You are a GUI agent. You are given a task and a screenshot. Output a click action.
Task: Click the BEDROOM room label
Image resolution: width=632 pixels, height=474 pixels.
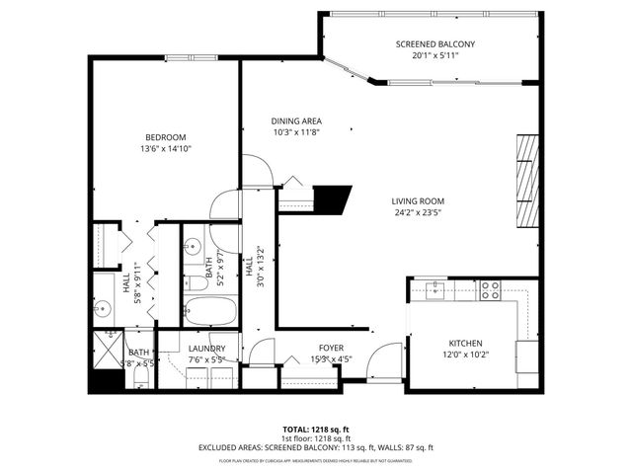(x=165, y=137)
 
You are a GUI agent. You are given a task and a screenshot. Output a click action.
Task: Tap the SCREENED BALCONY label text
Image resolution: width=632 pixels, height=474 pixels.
(x=435, y=44)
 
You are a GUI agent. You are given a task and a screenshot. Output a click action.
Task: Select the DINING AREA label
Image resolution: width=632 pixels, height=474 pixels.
(x=297, y=121)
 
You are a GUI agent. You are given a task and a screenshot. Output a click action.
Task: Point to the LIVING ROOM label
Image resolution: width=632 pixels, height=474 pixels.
(x=418, y=200)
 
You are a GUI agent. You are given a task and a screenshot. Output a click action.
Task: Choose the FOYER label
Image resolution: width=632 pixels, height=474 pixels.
(x=330, y=348)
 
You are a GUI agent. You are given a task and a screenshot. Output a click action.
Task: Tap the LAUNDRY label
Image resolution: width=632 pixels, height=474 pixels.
(x=206, y=349)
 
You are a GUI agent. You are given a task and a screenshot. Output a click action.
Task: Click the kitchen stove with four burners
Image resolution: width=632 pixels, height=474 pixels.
(x=490, y=290)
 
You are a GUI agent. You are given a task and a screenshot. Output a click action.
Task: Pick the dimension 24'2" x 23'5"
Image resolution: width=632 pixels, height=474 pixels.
(x=418, y=211)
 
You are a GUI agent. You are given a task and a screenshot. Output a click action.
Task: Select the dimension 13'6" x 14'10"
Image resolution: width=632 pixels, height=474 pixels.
(x=165, y=149)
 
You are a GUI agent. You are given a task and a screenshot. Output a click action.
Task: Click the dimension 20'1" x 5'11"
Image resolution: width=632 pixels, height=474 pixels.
(x=435, y=56)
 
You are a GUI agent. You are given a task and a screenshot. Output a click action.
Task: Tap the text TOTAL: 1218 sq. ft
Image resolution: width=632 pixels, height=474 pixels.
(x=316, y=430)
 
